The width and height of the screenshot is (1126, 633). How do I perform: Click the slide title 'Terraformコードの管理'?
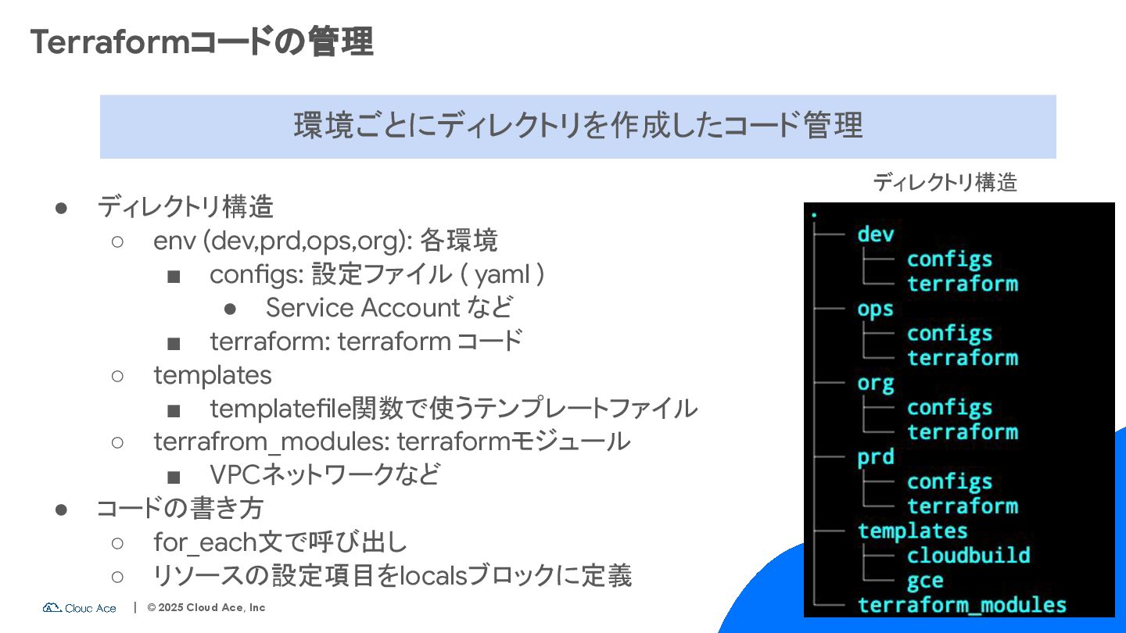201,41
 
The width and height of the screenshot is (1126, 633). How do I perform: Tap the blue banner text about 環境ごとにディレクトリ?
578,126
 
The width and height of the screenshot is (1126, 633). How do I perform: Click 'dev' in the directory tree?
875,234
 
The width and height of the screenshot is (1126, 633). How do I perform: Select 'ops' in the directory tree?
875,309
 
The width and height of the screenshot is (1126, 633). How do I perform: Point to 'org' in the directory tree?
875,383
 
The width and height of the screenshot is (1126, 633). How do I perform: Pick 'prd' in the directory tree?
875,456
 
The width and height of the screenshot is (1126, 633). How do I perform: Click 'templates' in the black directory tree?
913,531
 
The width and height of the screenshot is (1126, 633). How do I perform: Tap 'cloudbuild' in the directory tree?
968,556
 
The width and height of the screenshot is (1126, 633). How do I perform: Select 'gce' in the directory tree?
925,581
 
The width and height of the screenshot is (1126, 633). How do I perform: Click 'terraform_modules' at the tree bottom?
962,605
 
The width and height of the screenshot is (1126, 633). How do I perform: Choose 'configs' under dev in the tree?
949,259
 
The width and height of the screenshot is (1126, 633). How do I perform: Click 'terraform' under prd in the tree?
962,506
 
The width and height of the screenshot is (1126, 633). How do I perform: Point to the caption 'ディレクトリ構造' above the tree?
945,183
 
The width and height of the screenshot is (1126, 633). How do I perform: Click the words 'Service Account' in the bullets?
362,308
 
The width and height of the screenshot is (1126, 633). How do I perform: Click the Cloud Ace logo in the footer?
80,607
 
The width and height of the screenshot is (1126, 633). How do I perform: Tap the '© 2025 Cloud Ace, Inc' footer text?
206,607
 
